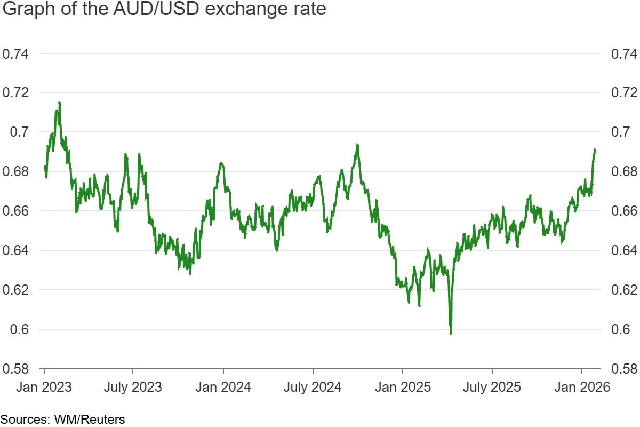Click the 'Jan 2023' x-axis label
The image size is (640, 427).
44,387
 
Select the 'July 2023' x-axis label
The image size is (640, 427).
133,387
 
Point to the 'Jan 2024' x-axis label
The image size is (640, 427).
223,387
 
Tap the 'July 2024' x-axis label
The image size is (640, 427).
313,387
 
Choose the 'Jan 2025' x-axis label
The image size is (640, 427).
402,387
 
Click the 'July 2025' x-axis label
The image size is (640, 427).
492,387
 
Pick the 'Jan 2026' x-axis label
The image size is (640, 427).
581,387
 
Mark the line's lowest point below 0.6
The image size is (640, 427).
451,334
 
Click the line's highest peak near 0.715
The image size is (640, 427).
59,102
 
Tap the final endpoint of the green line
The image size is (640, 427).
595,149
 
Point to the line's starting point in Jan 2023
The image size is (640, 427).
45,167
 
